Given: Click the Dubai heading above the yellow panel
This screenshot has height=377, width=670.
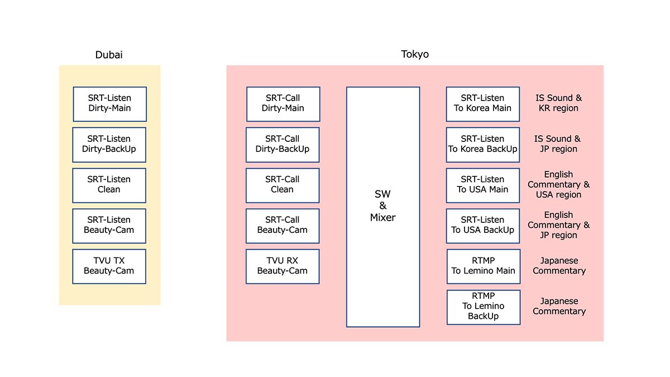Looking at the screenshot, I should coord(109,55).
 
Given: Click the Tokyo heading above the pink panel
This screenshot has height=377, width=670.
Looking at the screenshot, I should coord(415,54).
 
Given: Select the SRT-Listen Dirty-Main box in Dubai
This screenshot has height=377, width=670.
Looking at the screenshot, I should coord(109,103).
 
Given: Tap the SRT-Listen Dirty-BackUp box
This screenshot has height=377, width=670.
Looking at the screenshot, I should coord(109,144).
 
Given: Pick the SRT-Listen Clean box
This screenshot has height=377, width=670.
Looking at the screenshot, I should coord(109,185).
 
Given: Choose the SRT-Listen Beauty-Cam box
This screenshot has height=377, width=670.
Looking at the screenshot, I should coord(109,225).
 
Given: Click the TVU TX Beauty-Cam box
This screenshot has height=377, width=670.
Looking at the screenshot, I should coord(109,266).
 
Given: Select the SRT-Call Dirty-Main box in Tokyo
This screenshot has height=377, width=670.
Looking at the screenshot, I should coord(283,103).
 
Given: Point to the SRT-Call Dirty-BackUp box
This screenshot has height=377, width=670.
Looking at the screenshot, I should coord(283,144).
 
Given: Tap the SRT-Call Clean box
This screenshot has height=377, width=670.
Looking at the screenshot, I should coord(283,185).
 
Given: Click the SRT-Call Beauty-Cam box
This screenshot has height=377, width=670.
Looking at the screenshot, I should coord(283,225).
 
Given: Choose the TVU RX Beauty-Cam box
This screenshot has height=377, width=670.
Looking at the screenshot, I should coord(283,266).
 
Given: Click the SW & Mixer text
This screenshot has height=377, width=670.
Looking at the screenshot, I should coord(382,206).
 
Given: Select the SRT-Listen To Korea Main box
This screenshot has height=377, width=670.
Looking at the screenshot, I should coord(482,103).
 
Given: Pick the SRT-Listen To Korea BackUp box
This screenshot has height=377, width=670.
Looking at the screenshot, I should coord(482,144).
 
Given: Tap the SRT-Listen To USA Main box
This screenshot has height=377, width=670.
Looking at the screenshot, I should coord(482,185).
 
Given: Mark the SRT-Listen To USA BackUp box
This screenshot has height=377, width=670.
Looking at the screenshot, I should coord(482,225).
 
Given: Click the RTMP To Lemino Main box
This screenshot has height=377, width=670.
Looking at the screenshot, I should coord(483,266).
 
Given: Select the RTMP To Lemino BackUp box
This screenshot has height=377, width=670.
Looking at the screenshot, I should coord(483,307).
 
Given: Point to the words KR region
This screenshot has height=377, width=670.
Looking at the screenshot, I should coord(558,108).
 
